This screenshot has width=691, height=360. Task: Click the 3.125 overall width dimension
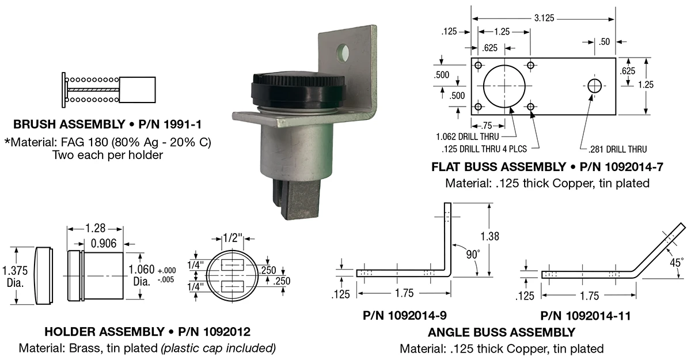pyautogui.click(x=544, y=18)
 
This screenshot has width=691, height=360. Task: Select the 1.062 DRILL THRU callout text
pyautogui.click(x=468, y=137)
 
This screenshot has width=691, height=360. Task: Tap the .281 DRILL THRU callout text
pyautogui.click(x=617, y=149)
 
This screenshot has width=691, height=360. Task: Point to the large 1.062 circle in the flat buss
pyautogui.click(x=504, y=66)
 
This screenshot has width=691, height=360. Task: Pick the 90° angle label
pyautogui.click(x=473, y=255)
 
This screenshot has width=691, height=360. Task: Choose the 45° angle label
pyautogui.click(x=675, y=263)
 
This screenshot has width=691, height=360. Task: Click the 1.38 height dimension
pyautogui.click(x=489, y=236)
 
